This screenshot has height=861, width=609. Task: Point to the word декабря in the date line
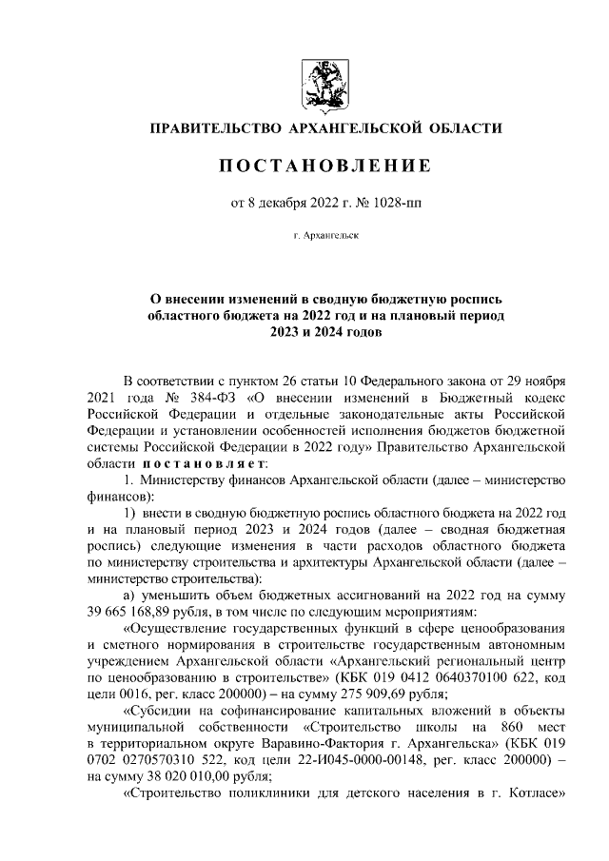(281, 202)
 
